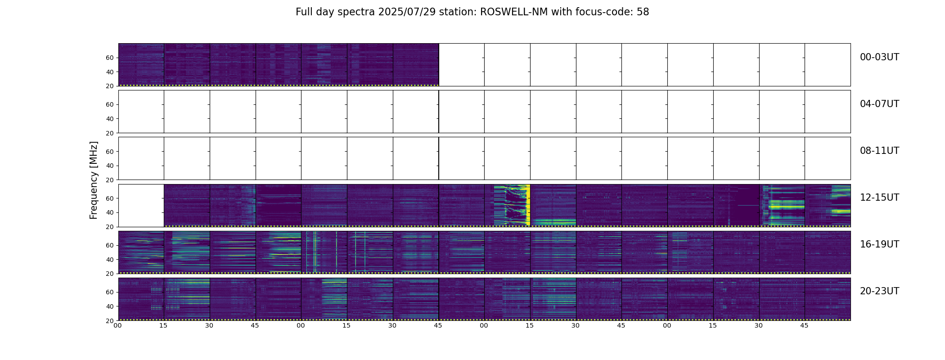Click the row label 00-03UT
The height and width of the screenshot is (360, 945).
pos(879,57)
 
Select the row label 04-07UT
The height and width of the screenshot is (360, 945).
pos(879,104)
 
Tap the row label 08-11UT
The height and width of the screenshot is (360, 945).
pos(879,151)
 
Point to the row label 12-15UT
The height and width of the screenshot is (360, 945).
pos(879,198)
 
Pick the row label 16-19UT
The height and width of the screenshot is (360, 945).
pos(879,244)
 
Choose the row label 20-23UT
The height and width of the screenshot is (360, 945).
pos(879,291)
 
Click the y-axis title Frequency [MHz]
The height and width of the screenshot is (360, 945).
pos(94,180)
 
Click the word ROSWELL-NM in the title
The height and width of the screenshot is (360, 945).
pos(514,12)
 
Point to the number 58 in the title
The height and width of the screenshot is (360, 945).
pos(643,12)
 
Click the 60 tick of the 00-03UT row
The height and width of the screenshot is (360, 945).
pos(110,58)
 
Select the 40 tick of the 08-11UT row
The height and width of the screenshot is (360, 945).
pos(110,166)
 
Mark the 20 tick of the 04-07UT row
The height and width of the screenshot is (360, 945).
pos(110,133)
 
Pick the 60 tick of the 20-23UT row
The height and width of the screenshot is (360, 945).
pos(110,292)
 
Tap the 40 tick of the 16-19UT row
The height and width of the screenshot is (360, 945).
pos(110,260)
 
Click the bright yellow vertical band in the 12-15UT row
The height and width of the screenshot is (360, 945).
pos(528,205)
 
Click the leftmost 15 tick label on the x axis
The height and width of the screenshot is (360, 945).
pos(163,326)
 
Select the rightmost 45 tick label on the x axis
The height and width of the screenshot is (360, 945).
pos(804,326)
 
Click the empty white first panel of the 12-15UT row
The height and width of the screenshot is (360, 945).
pos(141,205)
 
